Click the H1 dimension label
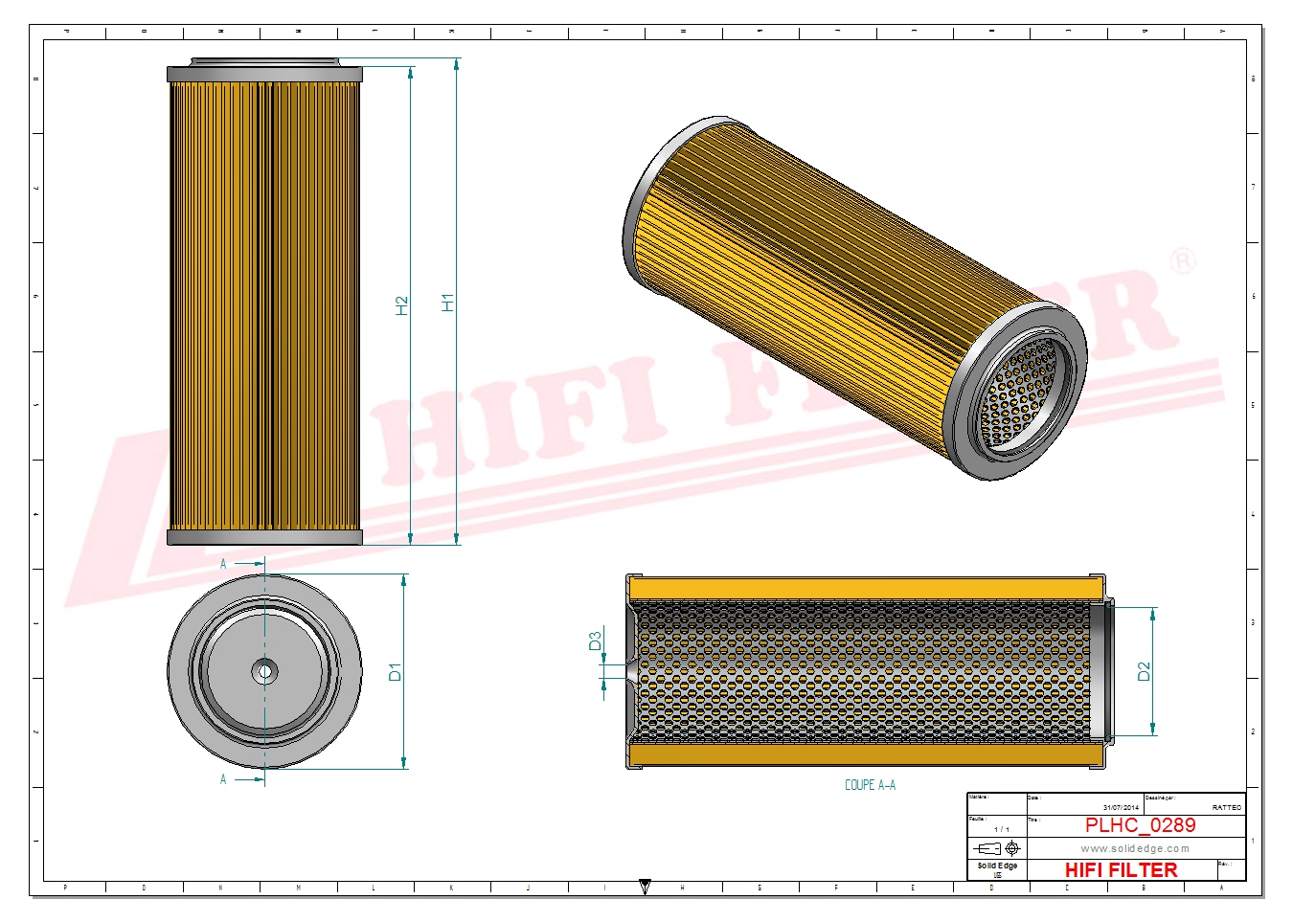pyautogui.click(x=447, y=302)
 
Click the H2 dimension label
pyautogui.click(x=402, y=305)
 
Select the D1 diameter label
pyautogui.click(x=395, y=672)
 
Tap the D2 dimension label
pyautogui.click(x=1144, y=672)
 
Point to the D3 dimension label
pyautogui.click(x=595, y=641)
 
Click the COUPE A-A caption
pyautogui.click(x=870, y=785)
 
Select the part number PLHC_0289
pyautogui.click(x=1140, y=825)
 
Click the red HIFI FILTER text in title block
pyautogui.click(x=1121, y=870)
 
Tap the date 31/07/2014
pyautogui.click(x=1121, y=808)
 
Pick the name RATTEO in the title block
pyautogui.click(x=1226, y=808)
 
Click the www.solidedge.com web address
pyautogui.click(x=1135, y=848)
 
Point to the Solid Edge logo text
pyautogui.click(x=997, y=866)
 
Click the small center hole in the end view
pyautogui.click(x=265, y=671)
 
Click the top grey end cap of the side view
pyautogui.click(x=264, y=74)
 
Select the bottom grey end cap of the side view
pyautogui.click(x=264, y=538)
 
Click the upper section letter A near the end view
pyautogui.click(x=223, y=564)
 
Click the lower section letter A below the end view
pyautogui.click(x=223, y=779)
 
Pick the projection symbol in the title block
pyautogui.click(x=997, y=848)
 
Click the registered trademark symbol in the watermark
pyautogui.click(x=1183, y=260)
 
